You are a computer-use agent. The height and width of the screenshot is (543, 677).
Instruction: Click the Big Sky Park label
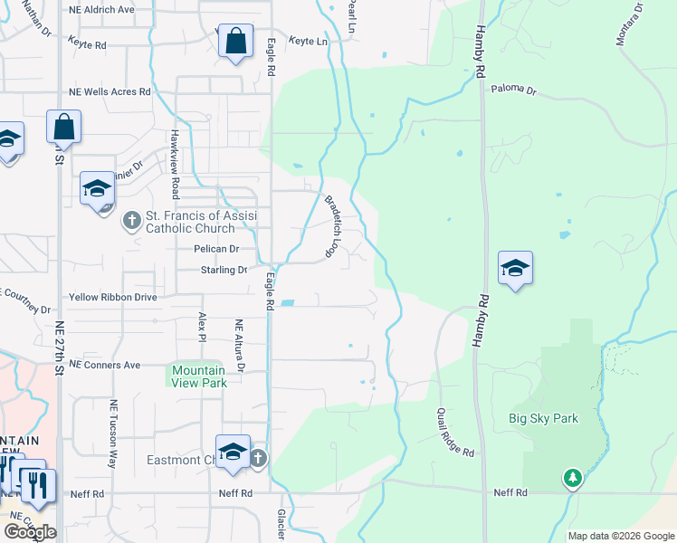[543, 418]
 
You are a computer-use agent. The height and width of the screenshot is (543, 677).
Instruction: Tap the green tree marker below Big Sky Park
[572, 477]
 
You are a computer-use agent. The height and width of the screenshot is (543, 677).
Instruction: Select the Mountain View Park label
[199, 376]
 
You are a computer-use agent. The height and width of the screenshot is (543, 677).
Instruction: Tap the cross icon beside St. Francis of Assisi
[131, 219]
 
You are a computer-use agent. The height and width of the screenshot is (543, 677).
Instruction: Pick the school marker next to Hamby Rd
[515, 269]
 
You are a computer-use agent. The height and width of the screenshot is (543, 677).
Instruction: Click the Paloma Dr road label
[514, 90]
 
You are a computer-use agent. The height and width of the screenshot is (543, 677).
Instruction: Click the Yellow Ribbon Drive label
[113, 297]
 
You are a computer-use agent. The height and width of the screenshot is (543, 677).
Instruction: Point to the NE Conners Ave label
[105, 365]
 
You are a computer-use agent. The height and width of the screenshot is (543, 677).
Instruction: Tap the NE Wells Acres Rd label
[110, 92]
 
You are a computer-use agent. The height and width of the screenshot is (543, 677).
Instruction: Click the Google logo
[30, 532]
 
